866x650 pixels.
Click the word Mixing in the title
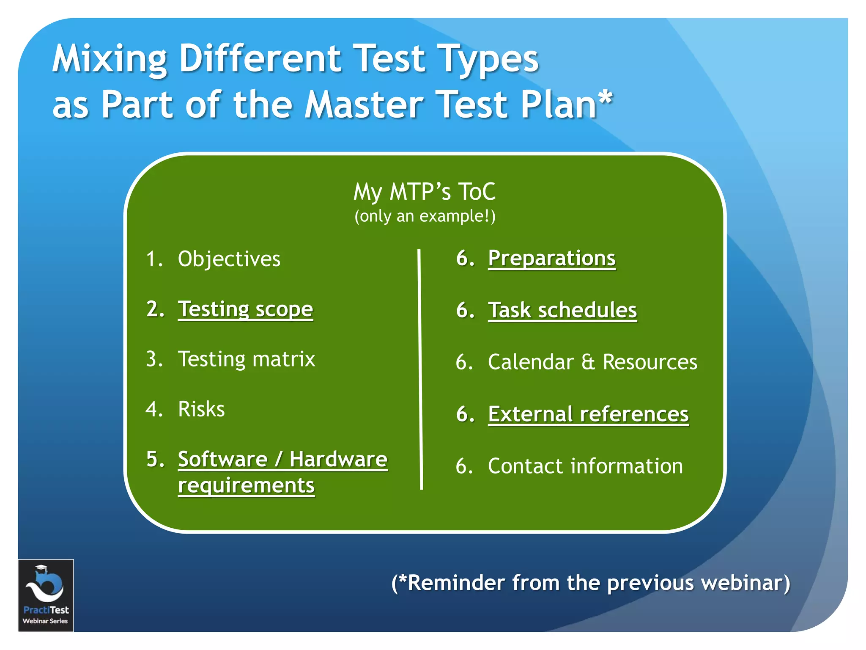(x=109, y=59)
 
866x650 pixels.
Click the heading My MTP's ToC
(x=424, y=192)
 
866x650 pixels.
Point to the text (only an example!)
(x=425, y=216)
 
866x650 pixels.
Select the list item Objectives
(x=229, y=259)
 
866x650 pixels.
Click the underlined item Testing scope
(x=245, y=309)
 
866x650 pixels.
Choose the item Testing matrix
(x=247, y=359)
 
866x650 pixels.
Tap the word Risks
(x=201, y=409)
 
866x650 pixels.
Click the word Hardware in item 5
(x=338, y=459)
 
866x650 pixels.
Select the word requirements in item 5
(x=246, y=485)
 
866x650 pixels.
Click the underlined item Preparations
(x=551, y=258)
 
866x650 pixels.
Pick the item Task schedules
(x=562, y=310)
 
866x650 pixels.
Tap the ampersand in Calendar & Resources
(x=588, y=362)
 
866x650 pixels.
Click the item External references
(x=588, y=414)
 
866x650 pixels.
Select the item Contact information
(x=585, y=466)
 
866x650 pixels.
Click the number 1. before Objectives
(x=154, y=259)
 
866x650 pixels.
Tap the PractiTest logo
(x=46, y=595)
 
